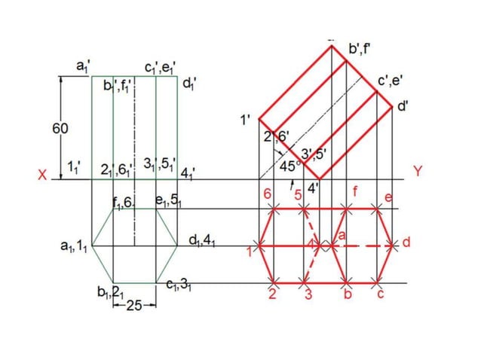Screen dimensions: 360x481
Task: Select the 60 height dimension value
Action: tap(60, 129)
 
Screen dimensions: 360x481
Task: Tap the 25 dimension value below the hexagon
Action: tap(134, 305)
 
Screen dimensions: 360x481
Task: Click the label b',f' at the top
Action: tap(360, 50)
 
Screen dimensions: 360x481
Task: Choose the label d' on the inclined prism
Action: tap(404, 107)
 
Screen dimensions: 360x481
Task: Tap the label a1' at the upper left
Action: tap(83, 67)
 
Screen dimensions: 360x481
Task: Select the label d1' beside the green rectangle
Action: tap(191, 83)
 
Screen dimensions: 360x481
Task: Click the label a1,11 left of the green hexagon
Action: tap(75, 246)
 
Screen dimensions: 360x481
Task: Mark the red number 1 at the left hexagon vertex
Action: tap(250, 251)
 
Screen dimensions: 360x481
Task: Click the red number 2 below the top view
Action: tap(272, 294)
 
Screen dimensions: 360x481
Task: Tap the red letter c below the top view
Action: tap(381, 294)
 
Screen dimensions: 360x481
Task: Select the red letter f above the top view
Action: tap(354, 193)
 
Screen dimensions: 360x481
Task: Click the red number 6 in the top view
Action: tap(268, 194)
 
